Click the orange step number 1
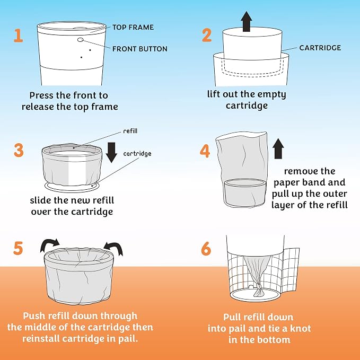[19, 36]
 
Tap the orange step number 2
[207, 35]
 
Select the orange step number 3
[19, 150]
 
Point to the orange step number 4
[205, 151]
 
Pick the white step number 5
[18, 248]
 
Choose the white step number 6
[206, 249]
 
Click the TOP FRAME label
[133, 28]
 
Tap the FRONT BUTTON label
[140, 49]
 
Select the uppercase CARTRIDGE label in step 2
[320, 48]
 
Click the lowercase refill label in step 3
[130, 131]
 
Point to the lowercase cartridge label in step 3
[137, 154]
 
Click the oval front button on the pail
[80, 40]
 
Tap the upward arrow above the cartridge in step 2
[247, 21]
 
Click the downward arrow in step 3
[111, 153]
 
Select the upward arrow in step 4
[278, 148]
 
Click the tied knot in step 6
[258, 290]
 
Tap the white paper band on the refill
[77, 171]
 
